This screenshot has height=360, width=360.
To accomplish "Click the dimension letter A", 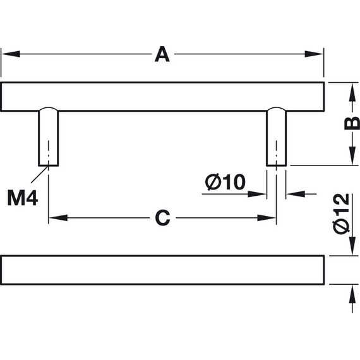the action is click(162, 54).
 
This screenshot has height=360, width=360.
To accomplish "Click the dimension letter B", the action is click(352, 123).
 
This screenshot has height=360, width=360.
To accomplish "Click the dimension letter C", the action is click(162, 218).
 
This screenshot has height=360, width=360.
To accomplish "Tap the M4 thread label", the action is click(23, 198).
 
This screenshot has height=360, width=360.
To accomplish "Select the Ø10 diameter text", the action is click(225, 182).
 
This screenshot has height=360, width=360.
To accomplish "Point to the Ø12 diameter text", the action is click(342, 213).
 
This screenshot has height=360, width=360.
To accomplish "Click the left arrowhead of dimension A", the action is click(11, 54).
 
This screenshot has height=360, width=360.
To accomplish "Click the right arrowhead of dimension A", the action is click(314, 54).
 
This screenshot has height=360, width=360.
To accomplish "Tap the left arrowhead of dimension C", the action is click(58, 218).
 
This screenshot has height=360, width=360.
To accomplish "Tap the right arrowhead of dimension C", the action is click(267, 218).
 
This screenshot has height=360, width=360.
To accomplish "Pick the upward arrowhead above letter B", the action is click(352, 92).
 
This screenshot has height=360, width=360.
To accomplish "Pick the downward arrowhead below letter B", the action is click(352, 155).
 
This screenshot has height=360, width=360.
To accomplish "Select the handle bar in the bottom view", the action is click(162, 270).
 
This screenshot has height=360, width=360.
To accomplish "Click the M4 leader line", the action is click(40, 174).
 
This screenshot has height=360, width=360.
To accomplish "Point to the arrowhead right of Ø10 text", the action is click(257, 195).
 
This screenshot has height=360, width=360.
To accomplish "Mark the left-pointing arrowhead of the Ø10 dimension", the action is click(296, 195).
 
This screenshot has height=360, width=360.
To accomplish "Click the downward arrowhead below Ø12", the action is click(352, 246).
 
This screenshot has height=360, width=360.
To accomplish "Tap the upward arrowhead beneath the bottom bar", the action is click(352, 294).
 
